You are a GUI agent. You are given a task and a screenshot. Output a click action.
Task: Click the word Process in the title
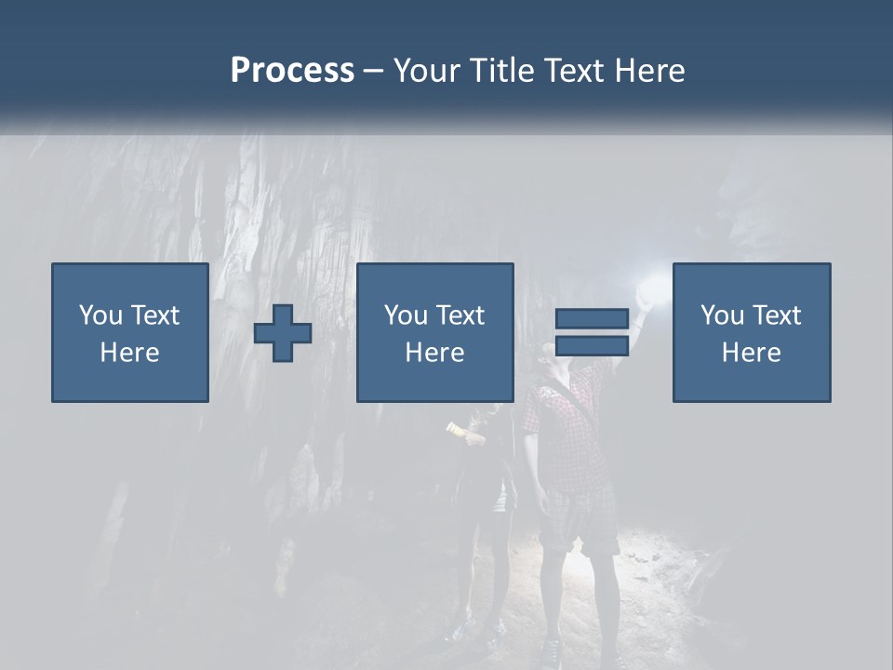coord(292,71)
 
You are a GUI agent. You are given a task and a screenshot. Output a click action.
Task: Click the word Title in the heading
coord(501,71)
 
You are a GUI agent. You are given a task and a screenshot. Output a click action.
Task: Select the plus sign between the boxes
coord(283,333)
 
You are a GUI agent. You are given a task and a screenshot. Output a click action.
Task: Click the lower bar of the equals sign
coord(592,346)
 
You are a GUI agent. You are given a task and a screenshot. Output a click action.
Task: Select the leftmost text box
coord(130,333)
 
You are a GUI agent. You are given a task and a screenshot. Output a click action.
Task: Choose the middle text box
coord(435,333)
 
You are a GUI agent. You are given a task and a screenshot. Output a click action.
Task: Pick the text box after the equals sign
coord(752,333)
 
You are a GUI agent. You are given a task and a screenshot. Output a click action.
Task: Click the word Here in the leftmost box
coord(130,353)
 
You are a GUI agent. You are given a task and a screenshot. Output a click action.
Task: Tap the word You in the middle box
coord(406,315)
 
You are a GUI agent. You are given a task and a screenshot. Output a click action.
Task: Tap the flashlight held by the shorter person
coord(456,429)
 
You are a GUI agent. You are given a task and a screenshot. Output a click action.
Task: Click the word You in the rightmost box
coord(722,315)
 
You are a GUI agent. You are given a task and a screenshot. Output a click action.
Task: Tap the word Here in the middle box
coord(435,353)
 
